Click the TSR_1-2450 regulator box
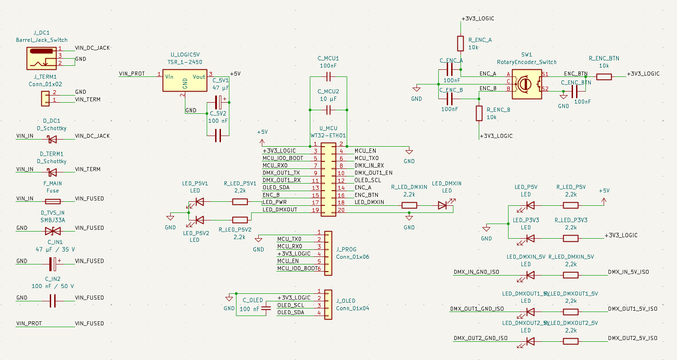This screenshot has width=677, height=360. (184, 80)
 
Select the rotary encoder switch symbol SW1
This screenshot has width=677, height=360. (526, 84)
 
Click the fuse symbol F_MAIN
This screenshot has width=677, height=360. (53, 201)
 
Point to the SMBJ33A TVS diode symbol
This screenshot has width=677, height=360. (53, 231)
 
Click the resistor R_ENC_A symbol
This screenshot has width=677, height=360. (461, 44)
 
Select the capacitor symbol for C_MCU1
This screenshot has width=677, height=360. (328, 77)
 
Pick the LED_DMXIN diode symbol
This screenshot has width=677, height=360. (442, 205)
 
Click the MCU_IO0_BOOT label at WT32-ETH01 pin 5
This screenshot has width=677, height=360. (283, 158)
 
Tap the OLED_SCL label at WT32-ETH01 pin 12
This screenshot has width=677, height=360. (368, 180)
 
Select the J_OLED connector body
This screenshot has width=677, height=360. (328, 305)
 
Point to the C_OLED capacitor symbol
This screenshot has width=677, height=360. (266, 308)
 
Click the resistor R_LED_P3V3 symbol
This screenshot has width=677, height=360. (571, 238)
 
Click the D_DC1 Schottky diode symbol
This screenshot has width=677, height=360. (52, 139)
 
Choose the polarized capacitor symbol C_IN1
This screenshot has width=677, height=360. (53, 264)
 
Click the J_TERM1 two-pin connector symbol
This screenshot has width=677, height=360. (45, 99)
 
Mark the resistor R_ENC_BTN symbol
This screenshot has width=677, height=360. (604, 77)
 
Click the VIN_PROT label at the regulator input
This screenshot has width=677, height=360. (132, 74)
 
